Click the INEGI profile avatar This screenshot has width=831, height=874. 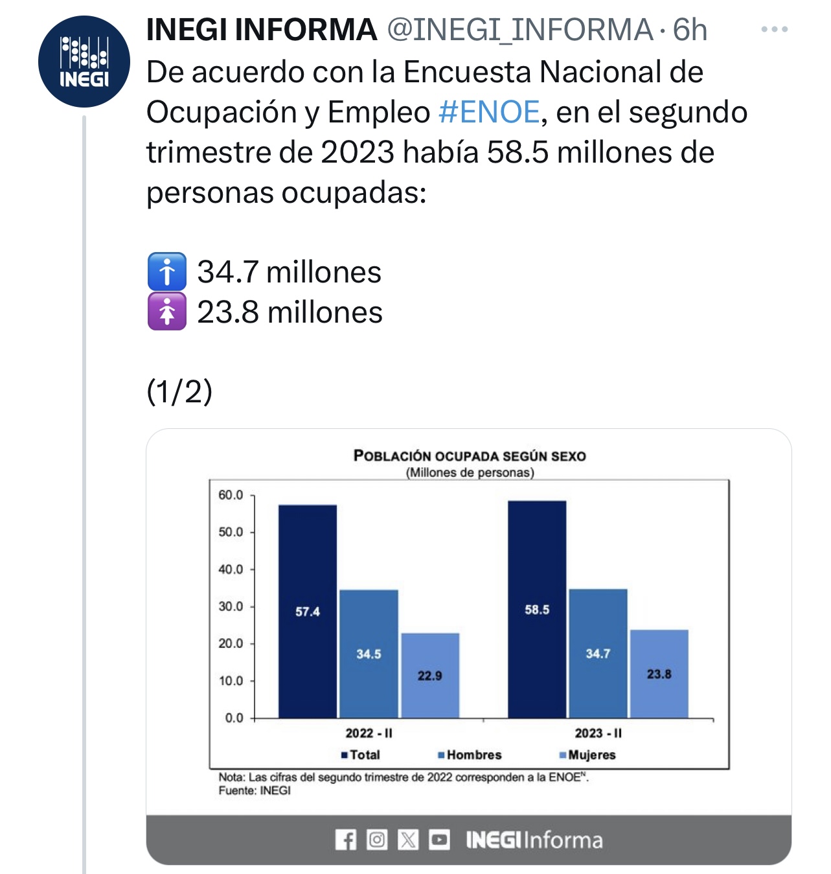(84, 62)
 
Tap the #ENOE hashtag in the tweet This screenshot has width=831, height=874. (489, 112)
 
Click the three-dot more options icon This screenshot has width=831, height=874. (774, 30)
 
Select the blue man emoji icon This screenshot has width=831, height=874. (167, 271)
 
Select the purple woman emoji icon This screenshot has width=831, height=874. (167, 312)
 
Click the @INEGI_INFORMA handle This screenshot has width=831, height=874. (520, 30)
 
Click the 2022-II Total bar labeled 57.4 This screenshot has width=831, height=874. (308, 611)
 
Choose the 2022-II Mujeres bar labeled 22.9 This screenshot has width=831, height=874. (430, 675)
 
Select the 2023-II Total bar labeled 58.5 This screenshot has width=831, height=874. (537, 609)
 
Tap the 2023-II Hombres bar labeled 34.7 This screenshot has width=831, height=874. (598, 653)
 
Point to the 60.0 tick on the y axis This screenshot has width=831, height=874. (231, 496)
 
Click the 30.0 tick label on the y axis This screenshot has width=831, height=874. (231, 607)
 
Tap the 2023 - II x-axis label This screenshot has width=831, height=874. (598, 733)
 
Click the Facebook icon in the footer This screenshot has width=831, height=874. (346, 840)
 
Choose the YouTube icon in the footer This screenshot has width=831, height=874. (439, 840)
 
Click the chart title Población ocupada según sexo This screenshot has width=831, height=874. (470, 455)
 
